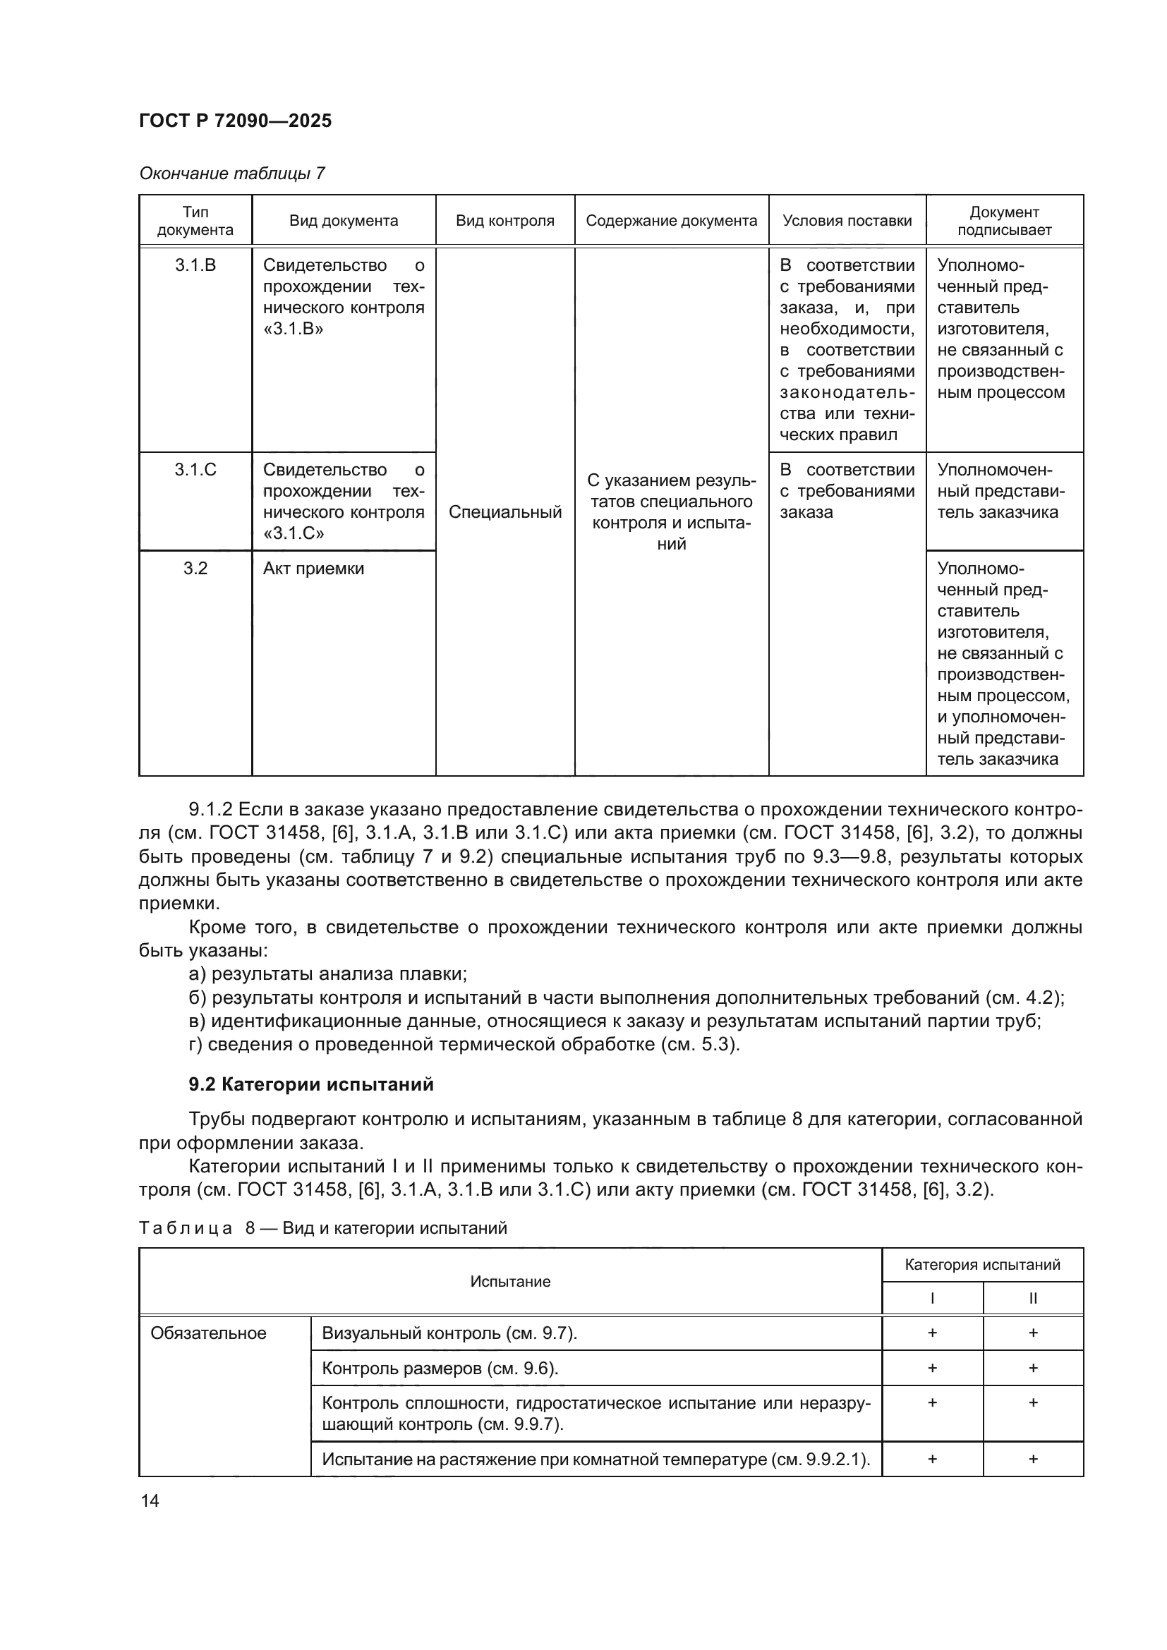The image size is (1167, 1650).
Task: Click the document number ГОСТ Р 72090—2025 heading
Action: tap(235, 121)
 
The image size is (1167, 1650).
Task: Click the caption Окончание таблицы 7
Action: tap(231, 174)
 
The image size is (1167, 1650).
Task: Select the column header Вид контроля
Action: tap(504, 221)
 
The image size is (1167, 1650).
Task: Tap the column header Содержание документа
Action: tap(671, 221)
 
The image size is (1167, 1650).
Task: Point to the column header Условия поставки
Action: tap(847, 221)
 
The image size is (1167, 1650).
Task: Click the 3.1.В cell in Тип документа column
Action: tap(195, 265)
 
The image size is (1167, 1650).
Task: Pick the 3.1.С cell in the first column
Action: tap(195, 470)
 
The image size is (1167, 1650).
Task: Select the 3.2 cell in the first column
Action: tap(195, 569)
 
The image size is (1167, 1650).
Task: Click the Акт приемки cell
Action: tap(313, 569)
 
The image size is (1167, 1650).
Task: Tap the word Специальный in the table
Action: tap(504, 512)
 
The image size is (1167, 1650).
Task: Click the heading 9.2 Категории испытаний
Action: tap(311, 1084)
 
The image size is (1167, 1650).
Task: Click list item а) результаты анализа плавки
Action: tap(327, 973)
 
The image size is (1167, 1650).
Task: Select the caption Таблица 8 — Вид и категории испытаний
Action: tap(322, 1228)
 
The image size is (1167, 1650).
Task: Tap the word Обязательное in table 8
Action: tap(207, 1334)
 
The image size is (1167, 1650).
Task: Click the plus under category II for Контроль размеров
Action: tap(1033, 1369)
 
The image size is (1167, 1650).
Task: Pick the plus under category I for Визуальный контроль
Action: tap(932, 1333)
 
